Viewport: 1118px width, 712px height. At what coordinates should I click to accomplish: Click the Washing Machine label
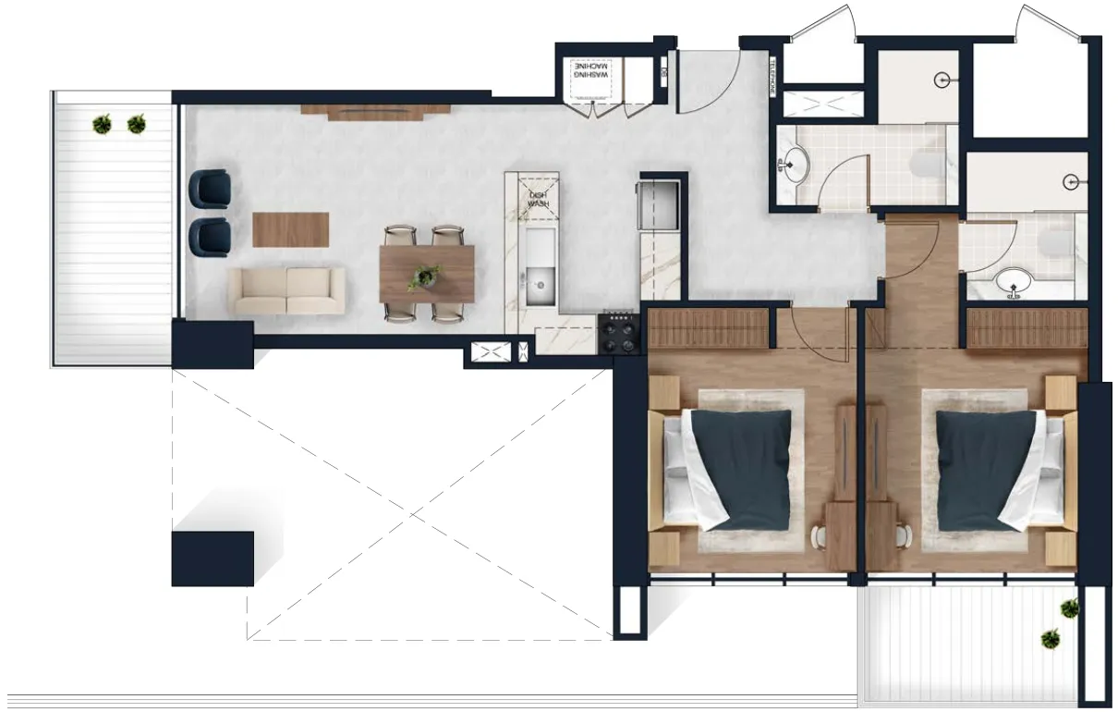591,74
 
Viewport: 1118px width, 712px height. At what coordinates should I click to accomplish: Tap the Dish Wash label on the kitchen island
534,196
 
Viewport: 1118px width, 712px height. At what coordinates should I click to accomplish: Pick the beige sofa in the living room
286,290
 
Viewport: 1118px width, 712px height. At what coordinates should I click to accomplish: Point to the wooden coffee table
291,229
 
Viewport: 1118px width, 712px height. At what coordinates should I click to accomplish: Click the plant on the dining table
426,275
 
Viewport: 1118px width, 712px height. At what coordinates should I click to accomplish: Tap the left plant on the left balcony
103,122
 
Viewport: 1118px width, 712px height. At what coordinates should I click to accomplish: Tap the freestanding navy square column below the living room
213,559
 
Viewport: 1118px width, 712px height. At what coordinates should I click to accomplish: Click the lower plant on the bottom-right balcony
1051,638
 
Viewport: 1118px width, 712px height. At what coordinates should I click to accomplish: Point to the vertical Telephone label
774,75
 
